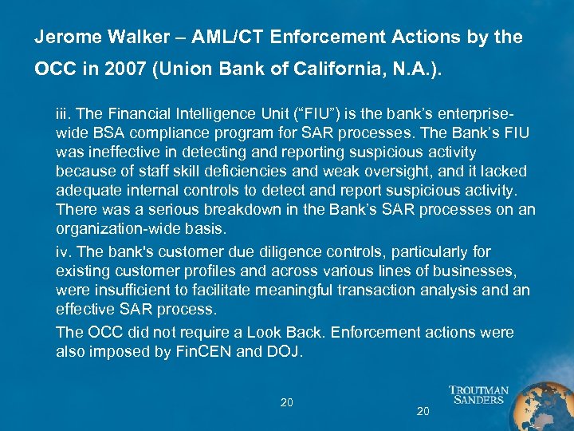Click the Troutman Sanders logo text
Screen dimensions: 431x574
(478, 394)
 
